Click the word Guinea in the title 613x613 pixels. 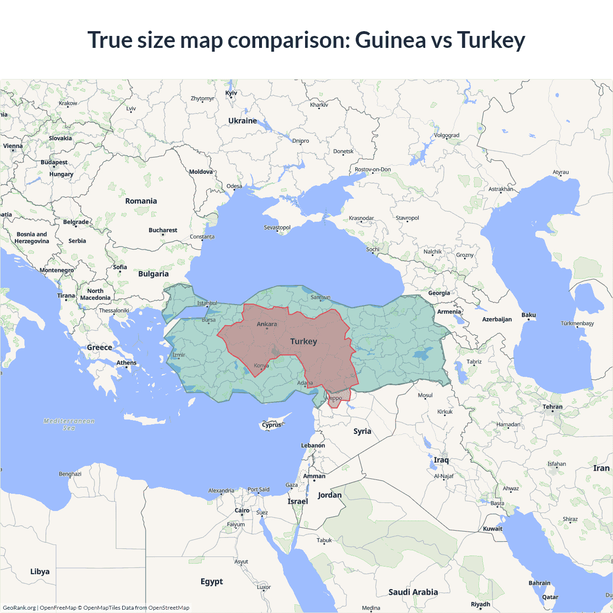pyautogui.click(x=390, y=40)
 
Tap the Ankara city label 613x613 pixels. pyautogui.click(x=267, y=324)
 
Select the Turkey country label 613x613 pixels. pyautogui.click(x=303, y=341)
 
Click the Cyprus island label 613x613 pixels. pyautogui.click(x=272, y=425)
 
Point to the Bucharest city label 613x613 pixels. pyautogui.click(x=163, y=230)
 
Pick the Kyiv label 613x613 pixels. pyautogui.click(x=231, y=93)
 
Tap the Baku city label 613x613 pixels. pyautogui.click(x=529, y=315)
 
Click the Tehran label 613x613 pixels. pyautogui.click(x=553, y=407)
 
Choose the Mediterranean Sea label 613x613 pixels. pyautogui.click(x=69, y=424)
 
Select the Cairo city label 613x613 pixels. pyautogui.click(x=242, y=511)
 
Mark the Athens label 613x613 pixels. pyautogui.click(x=126, y=363)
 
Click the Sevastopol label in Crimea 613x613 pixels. pyautogui.click(x=277, y=227)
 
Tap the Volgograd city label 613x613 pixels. pyautogui.click(x=446, y=136)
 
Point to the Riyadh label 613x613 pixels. pyautogui.click(x=480, y=604)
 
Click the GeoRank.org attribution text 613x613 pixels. pyautogui.click(x=19, y=608)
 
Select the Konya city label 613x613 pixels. pyautogui.click(x=261, y=365)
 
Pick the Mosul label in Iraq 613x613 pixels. pyautogui.click(x=425, y=395)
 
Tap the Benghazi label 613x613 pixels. pyautogui.click(x=70, y=474)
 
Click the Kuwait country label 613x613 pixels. pyautogui.click(x=492, y=529)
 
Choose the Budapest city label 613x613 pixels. pyautogui.click(x=54, y=162)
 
